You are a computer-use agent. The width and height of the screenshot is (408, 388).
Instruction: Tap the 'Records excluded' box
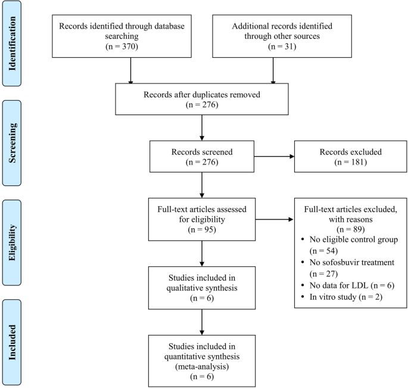[347, 157]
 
